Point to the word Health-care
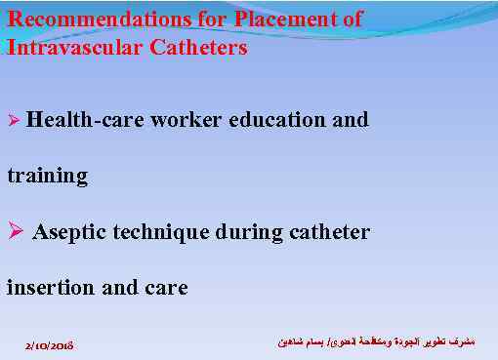pyautogui.click(x=82, y=120)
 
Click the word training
pyautogui.click(x=47, y=177)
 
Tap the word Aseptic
pyautogui.click(x=70, y=233)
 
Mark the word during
pyautogui.click(x=251, y=233)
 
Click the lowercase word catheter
pyautogui.click(x=330, y=233)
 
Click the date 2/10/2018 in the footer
pyautogui.click(x=51, y=345)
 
